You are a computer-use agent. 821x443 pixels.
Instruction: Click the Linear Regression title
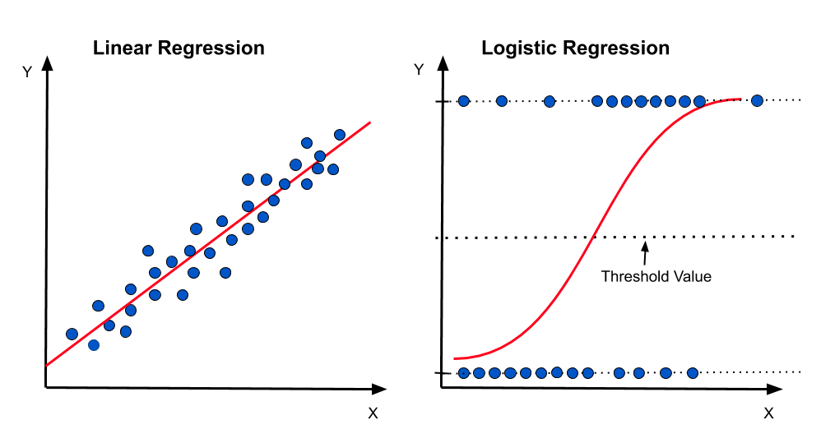179,48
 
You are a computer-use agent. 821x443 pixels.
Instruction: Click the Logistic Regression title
575,48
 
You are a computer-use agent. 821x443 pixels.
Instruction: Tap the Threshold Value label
656,276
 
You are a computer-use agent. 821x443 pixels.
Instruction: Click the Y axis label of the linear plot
27,72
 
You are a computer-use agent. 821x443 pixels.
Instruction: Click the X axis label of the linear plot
373,413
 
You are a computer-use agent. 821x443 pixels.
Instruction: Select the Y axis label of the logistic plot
419,69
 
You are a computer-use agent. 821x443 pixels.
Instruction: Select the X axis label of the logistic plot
768,413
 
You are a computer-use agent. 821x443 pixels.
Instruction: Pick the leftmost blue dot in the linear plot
72,334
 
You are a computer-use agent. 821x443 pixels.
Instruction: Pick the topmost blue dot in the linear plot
339,135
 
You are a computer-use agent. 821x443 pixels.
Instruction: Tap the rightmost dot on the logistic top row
757,100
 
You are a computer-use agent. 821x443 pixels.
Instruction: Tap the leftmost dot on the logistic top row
463,100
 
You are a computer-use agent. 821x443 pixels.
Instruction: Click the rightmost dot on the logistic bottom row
692,373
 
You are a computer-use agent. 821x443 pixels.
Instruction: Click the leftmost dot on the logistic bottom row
463,373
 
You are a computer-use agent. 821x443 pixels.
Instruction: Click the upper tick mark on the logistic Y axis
443,101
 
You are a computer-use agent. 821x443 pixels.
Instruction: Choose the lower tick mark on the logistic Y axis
443,373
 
